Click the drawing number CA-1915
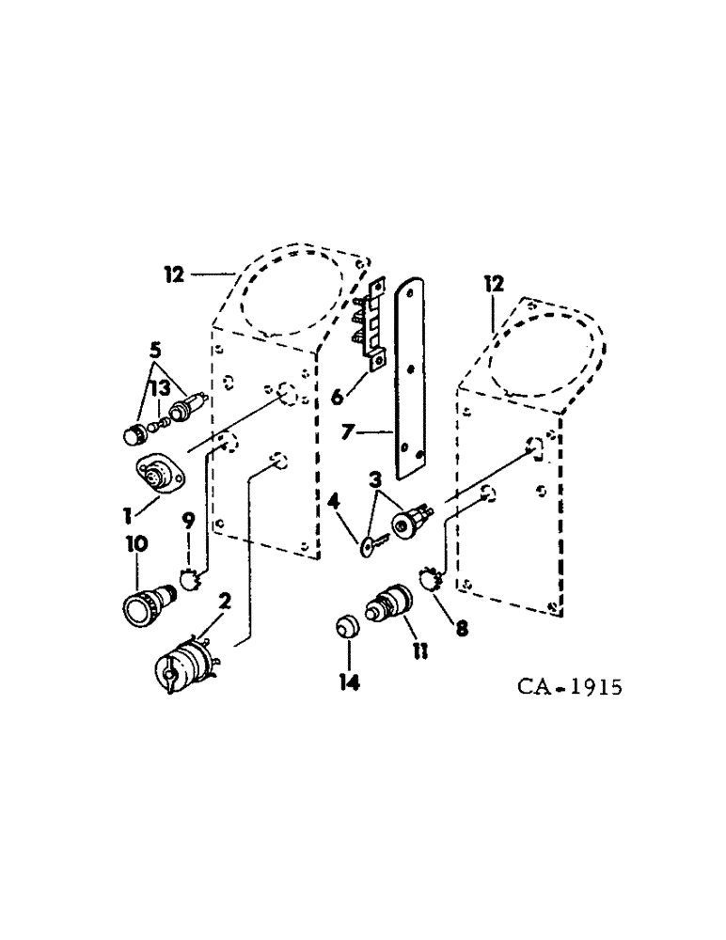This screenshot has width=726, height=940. coord(569,687)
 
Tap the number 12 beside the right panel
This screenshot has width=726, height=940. coord(494,282)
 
